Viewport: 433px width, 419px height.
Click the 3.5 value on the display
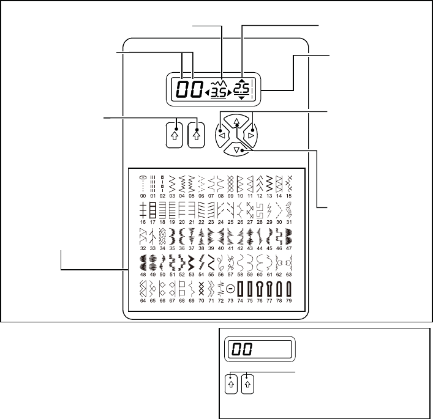pos(218,93)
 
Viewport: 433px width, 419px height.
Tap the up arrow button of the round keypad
pos(237,121)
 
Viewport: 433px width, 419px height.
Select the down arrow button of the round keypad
pos(237,149)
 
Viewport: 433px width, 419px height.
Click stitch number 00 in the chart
pos(143,195)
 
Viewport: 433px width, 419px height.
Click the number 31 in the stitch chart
pos(289,221)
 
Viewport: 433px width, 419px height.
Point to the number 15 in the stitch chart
pos(289,195)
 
